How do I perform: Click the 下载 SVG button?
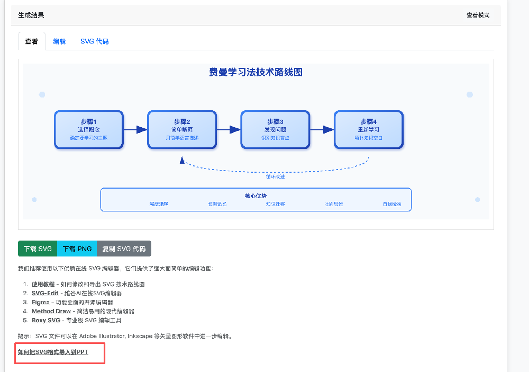pos(38,249)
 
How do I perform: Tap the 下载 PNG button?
pos(77,249)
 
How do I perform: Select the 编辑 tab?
pos(60,41)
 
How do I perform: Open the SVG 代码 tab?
pos(95,41)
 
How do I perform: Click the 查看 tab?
pos(32,41)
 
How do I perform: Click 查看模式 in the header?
pos(478,15)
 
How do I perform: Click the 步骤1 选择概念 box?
pos(89,129)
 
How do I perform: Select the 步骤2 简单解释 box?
pos(182,129)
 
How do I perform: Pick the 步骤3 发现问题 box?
pos(276,129)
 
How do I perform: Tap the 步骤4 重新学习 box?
pos(369,129)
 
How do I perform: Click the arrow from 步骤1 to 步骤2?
pos(135,129)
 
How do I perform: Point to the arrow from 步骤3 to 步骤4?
pos(322,129)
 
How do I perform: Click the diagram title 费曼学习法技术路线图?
pos(256,73)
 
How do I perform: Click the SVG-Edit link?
pos(45,293)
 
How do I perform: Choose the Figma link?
pos(41,302)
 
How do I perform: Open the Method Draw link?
pos(51,311)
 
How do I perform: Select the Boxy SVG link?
pos(46,320)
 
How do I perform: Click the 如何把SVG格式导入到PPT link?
pos(53,352)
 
